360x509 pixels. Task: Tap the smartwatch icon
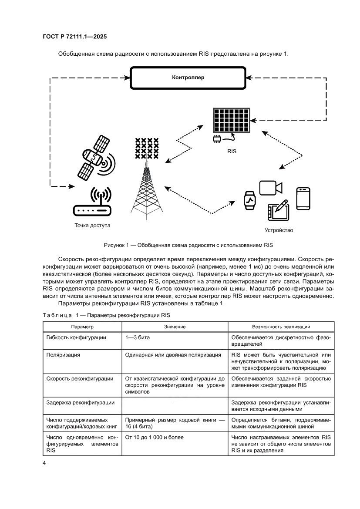tap(249, 200)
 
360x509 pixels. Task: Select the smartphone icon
tap(303, 199)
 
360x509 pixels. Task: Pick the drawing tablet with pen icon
tap(277, 211)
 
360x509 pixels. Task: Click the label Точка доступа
tap(92, 226)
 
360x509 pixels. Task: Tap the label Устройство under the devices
tap(279, 230)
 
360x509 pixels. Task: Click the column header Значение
tap(175, 327)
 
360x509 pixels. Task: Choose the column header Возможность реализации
tap(281, 327)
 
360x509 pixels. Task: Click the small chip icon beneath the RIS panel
tap(216, 138)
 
